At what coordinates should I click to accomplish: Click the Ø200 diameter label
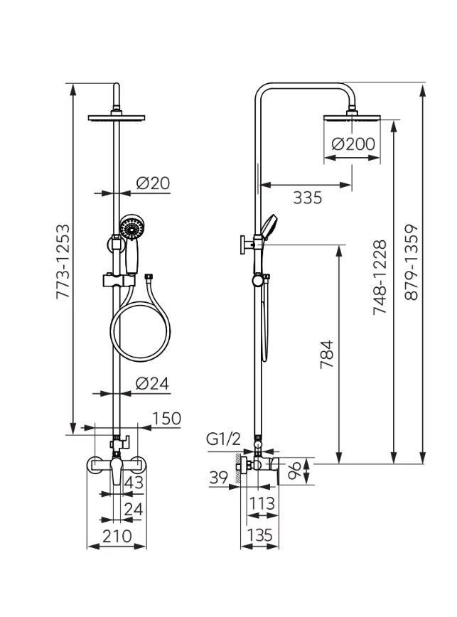[353, 144]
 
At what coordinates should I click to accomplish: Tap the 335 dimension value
[308, 198]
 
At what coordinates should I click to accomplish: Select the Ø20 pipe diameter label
[153, 183]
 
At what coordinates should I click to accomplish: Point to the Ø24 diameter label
[152, 383]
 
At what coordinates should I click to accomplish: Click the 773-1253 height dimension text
[63, 262]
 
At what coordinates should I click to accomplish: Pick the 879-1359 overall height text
[412, 262]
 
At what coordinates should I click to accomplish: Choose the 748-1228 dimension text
[380, 277]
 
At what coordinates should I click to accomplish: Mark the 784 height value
[327, 354]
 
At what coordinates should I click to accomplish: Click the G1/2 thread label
[223, 439]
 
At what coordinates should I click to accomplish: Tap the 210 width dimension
[117, 536]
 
